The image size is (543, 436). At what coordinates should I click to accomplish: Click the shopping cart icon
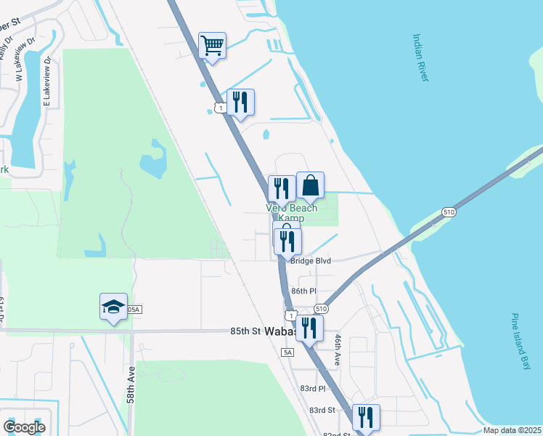tap(212, 46)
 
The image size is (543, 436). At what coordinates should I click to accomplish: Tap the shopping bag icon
tap(310, 185)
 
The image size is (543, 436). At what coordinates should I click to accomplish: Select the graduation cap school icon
tap(113, 307)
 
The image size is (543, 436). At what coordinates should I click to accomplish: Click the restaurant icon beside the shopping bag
tap(281, 189)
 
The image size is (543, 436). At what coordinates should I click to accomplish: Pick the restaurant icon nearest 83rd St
tap(366, 418)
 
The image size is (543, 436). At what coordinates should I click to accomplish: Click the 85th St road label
tap(245, 331)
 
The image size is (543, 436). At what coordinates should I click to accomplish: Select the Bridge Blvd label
tap(310, 259)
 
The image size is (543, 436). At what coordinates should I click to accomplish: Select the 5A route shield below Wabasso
tap(287, 352)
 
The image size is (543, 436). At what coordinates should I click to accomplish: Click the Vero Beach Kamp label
tap(292, 213)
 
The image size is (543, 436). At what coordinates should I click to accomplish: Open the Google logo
tap(25, 427)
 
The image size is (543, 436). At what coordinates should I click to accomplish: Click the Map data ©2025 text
tap(511, 430)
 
